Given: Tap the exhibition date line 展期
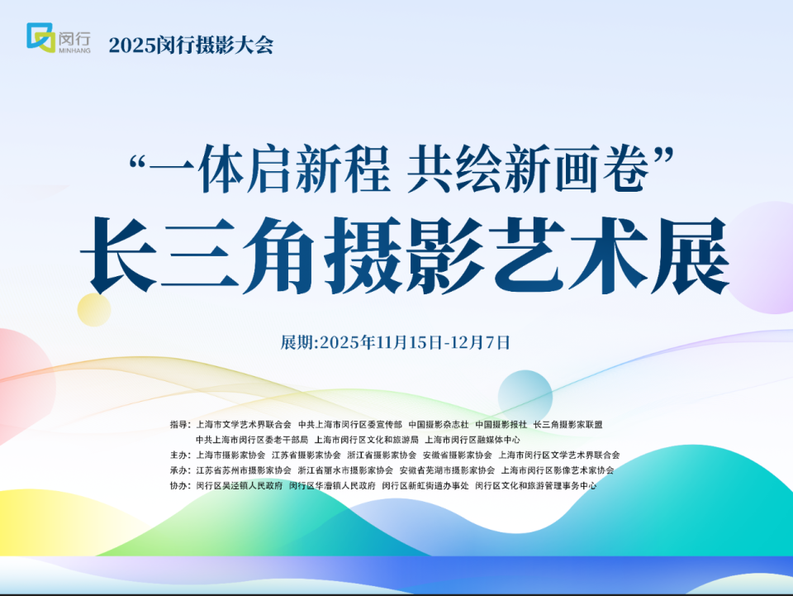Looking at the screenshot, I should click(396, 342).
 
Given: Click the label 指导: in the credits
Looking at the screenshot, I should click(179, 425).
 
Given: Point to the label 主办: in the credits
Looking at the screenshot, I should click(179, 455).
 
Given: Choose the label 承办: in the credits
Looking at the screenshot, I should click(179, 470).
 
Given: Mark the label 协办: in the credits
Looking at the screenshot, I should click(179, 486).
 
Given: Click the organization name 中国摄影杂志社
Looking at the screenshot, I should click(439, 425).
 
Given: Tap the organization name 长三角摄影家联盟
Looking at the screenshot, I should click(568, 425).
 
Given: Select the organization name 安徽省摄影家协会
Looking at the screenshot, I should click(458, 455).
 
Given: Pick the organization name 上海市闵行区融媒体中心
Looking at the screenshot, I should click(473, 440).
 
